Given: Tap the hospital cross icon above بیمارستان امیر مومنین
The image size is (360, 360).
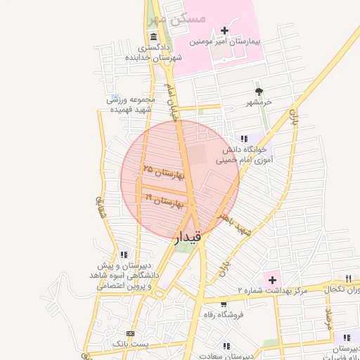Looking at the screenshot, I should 224,30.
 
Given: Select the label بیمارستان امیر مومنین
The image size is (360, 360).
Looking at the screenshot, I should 224,42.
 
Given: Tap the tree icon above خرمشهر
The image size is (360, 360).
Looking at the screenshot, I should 259,91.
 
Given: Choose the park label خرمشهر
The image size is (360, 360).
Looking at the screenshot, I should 259,103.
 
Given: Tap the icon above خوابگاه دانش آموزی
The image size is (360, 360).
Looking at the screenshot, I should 244,139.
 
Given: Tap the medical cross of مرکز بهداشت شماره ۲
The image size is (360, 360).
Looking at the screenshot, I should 271,280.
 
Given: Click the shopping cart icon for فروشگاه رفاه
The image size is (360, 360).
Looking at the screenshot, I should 223,304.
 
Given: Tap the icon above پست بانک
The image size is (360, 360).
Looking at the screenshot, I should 129,333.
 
